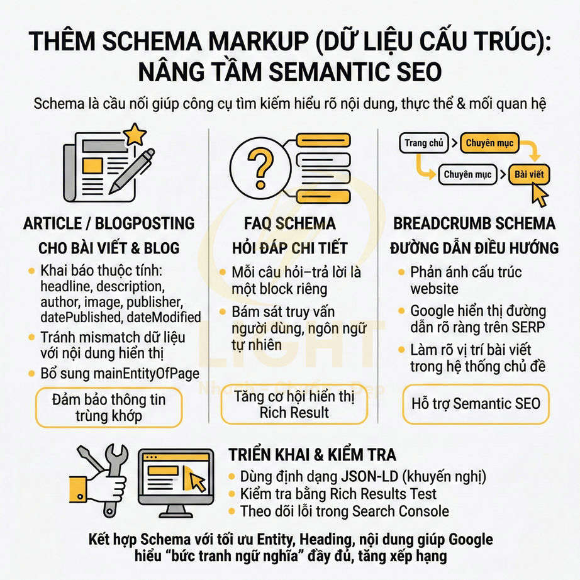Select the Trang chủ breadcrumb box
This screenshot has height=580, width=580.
[424, 143]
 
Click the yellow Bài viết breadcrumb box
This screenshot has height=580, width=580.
[528, 174]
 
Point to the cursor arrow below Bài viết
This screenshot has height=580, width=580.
[538, 196]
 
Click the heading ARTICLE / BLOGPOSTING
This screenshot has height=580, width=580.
[109, 223]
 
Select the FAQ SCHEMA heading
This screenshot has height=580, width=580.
[289, 223]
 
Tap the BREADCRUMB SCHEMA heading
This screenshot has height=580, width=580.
[474, 223]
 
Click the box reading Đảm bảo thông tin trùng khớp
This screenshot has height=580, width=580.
[108, 407]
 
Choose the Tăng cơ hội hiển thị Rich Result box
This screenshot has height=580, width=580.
[294, 404]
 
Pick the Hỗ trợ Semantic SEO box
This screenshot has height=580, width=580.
[476, 403]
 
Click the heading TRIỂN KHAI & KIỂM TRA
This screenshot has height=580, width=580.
[312, 455]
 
